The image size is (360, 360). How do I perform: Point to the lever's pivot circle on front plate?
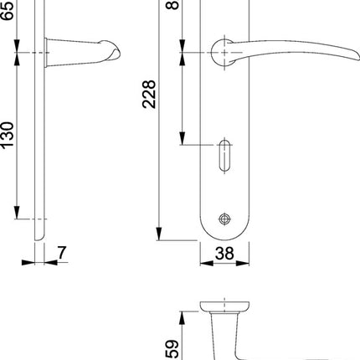(223, 54)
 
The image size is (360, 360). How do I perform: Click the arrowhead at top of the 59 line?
(182, 315)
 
